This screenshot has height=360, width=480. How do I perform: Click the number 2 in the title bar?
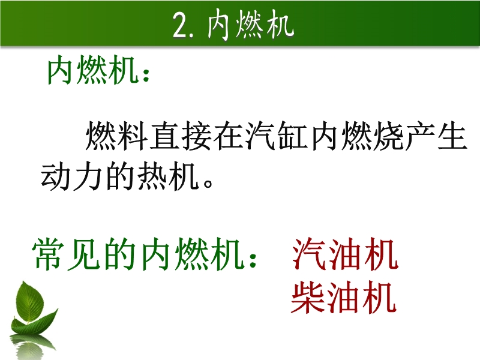point(180,26)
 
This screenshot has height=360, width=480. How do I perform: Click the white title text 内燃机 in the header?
point(250,25)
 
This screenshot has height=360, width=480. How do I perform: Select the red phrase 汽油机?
point(345,254)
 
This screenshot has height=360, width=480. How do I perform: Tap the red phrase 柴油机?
point(343,297)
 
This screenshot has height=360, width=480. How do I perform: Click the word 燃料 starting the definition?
point(116,136)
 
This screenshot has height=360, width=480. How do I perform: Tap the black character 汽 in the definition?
point(260,136)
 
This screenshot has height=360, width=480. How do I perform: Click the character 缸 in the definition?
point(292,136)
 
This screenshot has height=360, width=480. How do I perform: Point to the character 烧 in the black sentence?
point(388,136)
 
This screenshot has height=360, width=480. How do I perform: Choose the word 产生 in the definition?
point(436,136)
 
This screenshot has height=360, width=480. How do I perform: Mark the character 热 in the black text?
point(152,176)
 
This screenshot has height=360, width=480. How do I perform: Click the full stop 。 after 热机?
point(208,183)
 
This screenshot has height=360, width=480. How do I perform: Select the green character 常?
point(49,254)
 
